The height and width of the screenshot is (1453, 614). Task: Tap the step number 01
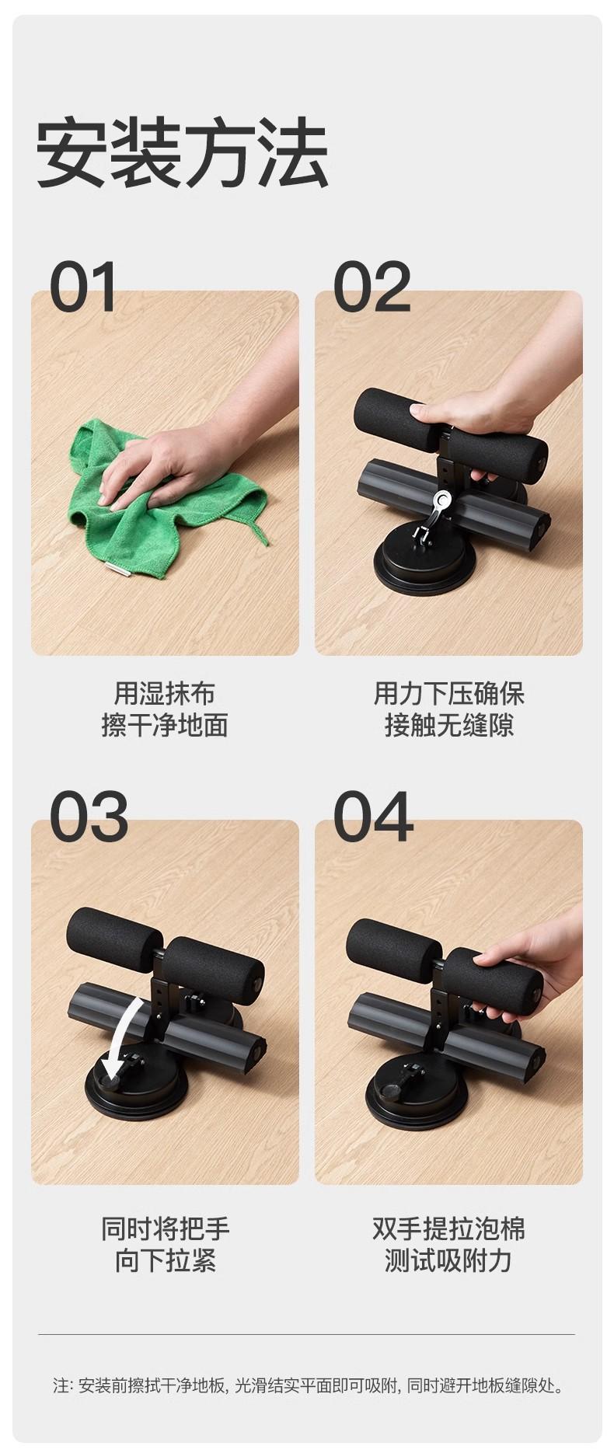[x=83, y=287]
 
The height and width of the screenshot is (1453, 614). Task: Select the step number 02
[x=372, y=287]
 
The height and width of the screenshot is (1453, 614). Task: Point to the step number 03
[x=89, y=817]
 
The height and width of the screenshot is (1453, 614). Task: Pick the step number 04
[x=373, y=817]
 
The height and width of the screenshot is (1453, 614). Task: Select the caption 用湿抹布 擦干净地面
[x=165, y=709]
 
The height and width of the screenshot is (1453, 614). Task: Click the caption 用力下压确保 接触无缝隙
[x=448, y=709]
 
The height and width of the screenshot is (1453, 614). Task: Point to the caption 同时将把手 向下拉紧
[x=165, y=1244]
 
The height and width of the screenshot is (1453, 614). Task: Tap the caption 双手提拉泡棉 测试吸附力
[x=448, y=1244]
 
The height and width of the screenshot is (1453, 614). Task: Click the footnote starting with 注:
[x=307, y=1385]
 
